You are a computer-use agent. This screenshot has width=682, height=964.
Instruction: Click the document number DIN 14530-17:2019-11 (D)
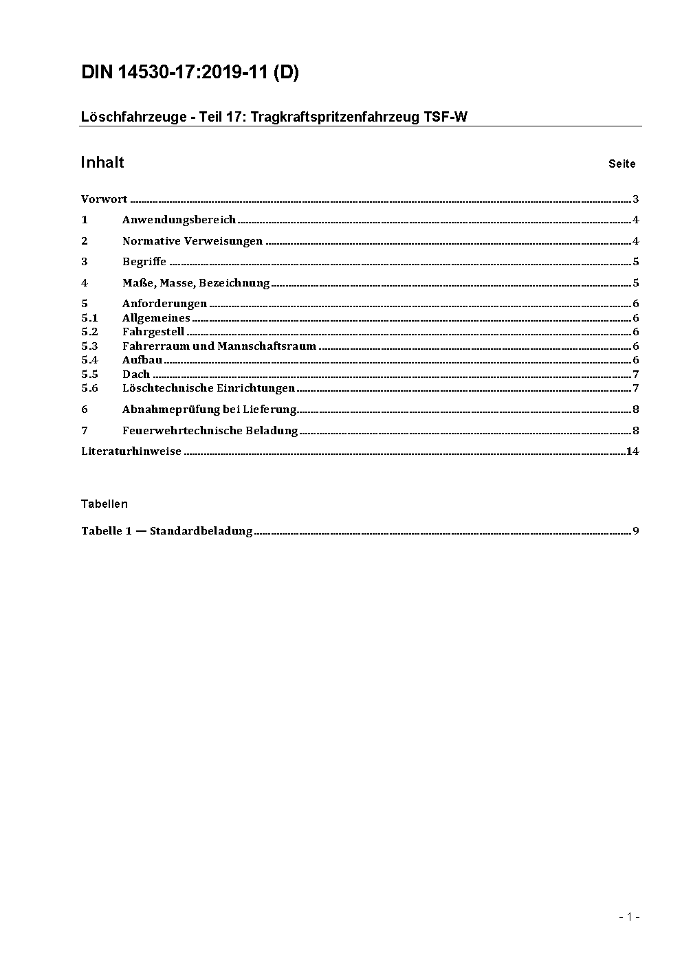190,73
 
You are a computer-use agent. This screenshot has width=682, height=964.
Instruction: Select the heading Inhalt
102,163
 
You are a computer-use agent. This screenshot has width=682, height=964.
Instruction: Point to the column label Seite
621,164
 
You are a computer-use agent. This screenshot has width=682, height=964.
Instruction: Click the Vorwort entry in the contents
104,200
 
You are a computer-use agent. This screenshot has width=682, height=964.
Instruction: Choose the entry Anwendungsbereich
179,220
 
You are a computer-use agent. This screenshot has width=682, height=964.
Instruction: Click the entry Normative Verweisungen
192,241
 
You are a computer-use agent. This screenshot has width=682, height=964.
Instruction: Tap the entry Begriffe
144,262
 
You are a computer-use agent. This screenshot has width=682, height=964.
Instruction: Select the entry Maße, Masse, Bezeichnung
196,283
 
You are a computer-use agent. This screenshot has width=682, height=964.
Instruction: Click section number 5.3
89,346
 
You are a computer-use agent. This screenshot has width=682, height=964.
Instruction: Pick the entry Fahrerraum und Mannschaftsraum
219,346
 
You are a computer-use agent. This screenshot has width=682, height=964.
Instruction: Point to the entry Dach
136,374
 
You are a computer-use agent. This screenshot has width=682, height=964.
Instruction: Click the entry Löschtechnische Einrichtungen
208,388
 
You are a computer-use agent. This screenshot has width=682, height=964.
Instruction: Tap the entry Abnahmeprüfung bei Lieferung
209,410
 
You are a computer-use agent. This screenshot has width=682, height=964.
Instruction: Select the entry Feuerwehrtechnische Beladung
210,431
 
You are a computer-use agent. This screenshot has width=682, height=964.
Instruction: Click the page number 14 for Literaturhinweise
632,451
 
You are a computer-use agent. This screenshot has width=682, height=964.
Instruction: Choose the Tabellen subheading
104,504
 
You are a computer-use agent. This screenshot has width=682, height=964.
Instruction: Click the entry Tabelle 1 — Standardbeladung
166,531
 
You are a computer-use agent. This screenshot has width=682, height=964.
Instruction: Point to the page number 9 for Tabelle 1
636,531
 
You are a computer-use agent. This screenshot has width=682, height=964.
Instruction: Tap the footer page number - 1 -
629,917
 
